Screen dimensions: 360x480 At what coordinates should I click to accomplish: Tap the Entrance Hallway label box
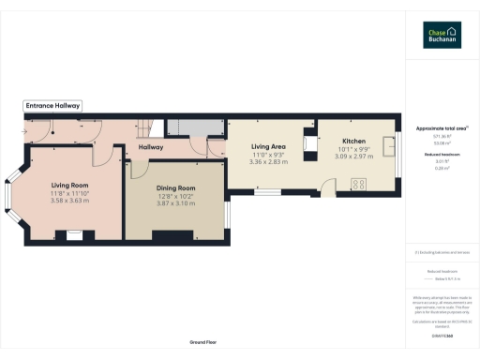pyautogui.click(x=52, y=107)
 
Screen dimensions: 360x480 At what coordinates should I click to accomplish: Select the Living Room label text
pyautogui.click(x=69, y=186)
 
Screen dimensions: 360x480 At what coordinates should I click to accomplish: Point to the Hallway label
pyautogui.click(x=151, y=147)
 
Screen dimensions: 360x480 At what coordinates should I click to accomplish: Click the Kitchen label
pyautogui.click(x=352, y=141)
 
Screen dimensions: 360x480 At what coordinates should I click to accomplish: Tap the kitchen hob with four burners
pyautogui.click(x=357, y=184)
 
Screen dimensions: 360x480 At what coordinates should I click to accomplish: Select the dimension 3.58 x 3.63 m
pyautogui.click(x=69, y=201)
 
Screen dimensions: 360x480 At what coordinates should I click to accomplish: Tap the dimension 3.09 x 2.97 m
pyautogui.click(x=352, y=156)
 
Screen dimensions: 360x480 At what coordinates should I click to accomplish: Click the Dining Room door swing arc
pyautogui.click(x=139, y=169)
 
